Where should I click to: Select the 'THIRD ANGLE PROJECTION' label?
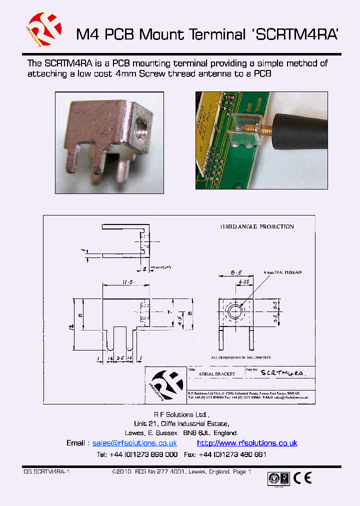coord(257,226)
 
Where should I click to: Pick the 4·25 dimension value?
coord(244,281)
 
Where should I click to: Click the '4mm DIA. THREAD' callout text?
coord(283,272)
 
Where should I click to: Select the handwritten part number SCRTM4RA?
coord(282,373)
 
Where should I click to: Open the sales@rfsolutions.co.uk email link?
coord(134,443)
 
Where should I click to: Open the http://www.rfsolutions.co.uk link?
coord(247,443)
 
